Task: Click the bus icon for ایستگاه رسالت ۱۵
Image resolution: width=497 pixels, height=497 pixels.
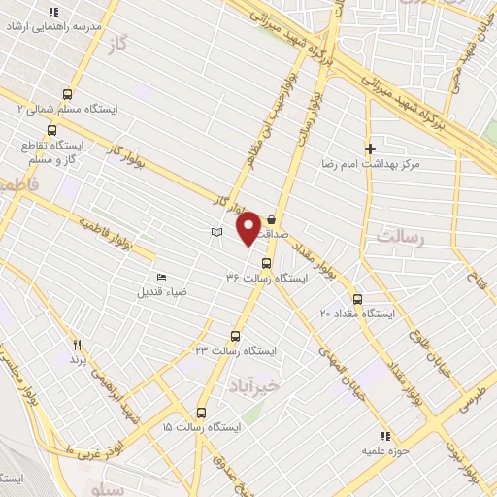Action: (202, 412)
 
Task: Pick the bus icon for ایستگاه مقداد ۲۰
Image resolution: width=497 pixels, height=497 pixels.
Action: (358, 299)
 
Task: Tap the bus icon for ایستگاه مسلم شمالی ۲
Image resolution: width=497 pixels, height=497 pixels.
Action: (67, 94)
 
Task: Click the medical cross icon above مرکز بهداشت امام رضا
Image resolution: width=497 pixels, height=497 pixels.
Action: (370, 149)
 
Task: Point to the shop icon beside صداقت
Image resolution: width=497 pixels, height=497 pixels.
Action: (270, 219)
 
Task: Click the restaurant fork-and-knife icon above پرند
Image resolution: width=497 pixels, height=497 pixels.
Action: (77, 345)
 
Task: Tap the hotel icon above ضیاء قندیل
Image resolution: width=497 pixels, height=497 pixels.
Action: (160, 277)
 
